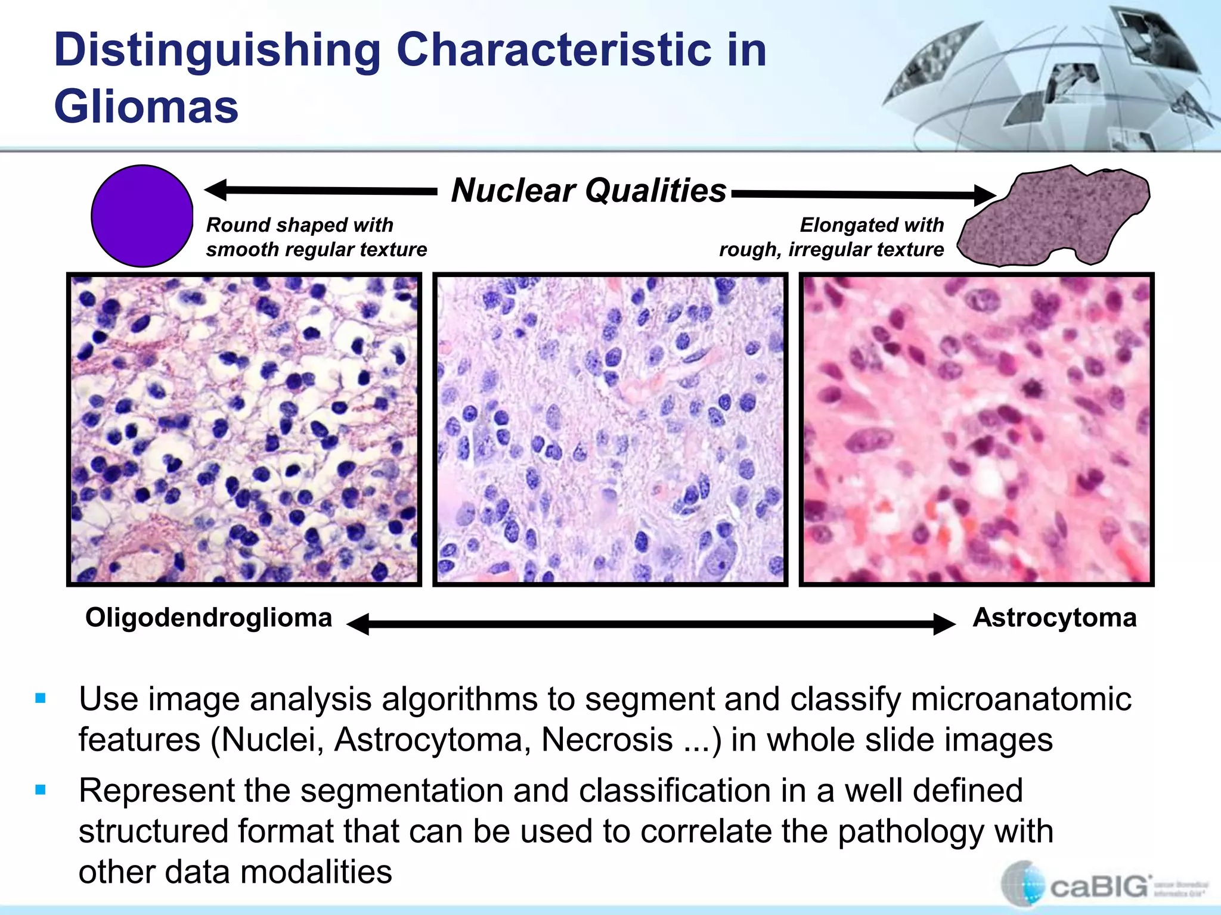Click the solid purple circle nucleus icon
(x=142, y=216)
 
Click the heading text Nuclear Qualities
(x=588, y=191)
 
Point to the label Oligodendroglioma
(x=209, y=618)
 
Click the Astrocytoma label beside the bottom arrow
(x=1054, y=618)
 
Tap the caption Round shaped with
(x=299, y=225)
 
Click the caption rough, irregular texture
(x=831, y=250)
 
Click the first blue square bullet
(x=41, y=698)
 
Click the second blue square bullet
(x=41, y=790)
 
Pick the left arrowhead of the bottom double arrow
(x=358, y=624)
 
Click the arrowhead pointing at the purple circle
(x=216, y=189)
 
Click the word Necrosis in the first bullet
(x=607, y=740)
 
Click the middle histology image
(x=610, y=429)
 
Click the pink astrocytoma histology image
(x=976, y=429)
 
